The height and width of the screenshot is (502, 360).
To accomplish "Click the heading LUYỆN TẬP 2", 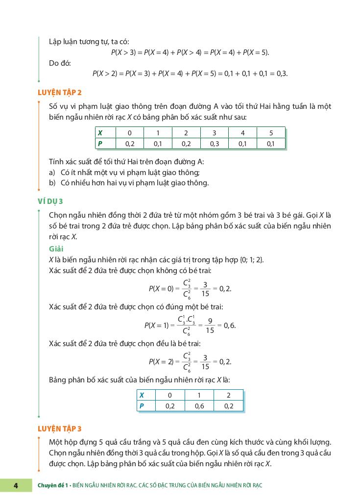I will (x=60, y=92).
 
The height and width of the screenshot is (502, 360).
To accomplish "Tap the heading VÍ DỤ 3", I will (x=50, y=201).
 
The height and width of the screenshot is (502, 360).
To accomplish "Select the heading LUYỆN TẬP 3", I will (x=60, y=428).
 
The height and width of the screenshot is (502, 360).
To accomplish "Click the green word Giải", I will (x=56, y=249).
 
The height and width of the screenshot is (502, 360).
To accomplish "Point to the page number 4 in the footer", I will (x=16, y=485).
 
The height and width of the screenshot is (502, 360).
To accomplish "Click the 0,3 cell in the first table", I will (x=215, y=144).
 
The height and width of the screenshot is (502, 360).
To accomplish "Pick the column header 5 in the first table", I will (x=271, y=133).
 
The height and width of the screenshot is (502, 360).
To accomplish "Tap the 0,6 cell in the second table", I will (x=199, y=406).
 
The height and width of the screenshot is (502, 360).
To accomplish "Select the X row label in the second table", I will (x=142, y=395).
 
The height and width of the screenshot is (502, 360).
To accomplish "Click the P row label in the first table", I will (x=100, y=144).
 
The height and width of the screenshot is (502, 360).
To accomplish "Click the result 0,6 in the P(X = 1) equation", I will (x=229, y=326).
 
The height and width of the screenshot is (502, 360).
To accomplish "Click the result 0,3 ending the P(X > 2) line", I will (x=282, y=74).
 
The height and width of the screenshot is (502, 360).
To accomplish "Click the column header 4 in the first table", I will (x=243, y=133).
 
